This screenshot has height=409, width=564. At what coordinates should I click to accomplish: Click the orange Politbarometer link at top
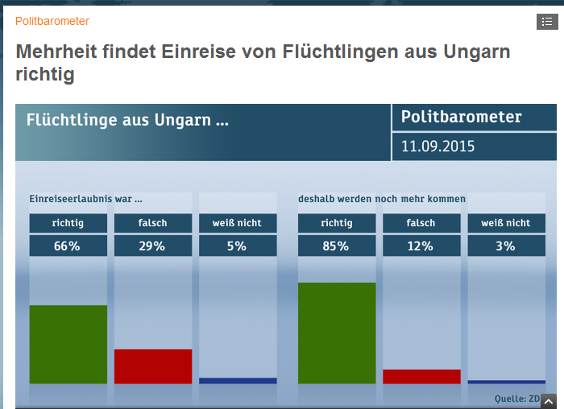[52, 21]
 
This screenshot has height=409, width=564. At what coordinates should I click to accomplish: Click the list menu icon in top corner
[546, 22]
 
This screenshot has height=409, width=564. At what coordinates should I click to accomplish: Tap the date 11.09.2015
[438, 147]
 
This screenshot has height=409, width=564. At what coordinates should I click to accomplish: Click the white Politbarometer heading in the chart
[461, 118]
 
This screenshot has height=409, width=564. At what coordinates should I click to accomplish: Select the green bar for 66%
[68, 345]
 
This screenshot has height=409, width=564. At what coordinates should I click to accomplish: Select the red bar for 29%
[153, 366]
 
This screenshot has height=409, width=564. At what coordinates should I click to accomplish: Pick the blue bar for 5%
[238, 381]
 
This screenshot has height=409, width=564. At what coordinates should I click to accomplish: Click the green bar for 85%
[337, 333]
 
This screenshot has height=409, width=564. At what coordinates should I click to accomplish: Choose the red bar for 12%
[421, 377]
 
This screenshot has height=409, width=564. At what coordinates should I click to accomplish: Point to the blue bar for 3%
[506, 382]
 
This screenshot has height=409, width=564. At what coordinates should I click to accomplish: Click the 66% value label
[68, 246]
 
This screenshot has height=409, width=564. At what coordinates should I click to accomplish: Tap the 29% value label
[152, 246]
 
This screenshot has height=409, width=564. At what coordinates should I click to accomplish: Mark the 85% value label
[336, 246]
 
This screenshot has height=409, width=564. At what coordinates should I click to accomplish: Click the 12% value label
[421, 246]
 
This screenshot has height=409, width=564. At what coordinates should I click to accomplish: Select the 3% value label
[505, 246]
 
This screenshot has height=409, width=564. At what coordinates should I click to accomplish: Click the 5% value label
[237, 246]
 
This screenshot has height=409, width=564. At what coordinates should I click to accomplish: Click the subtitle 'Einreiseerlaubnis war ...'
[86, 199]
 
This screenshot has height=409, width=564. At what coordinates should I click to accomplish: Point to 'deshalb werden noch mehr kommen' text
[382, 199]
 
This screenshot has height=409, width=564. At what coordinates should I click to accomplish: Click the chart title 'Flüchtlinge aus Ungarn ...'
[127, 121]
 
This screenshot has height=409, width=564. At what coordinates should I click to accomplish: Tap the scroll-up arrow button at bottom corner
[549, 401]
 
